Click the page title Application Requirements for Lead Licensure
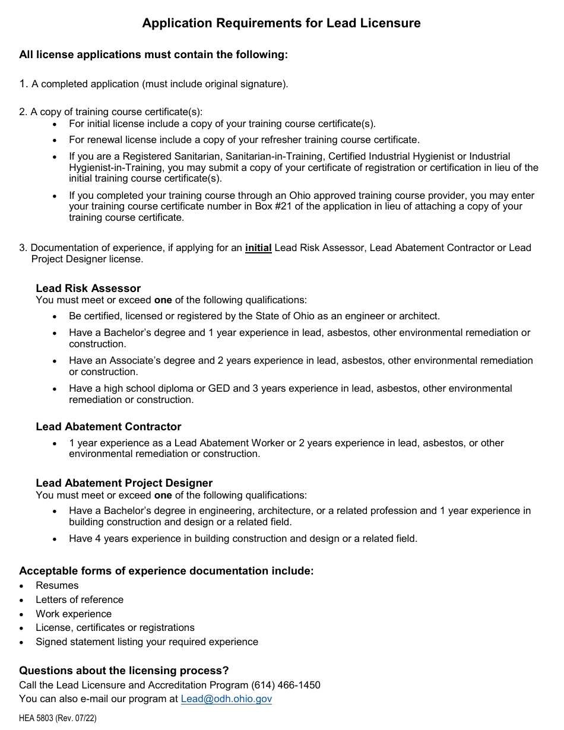point(281,23)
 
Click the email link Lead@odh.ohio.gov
point(226,699)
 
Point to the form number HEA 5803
point(36,718)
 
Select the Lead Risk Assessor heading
point(88,288)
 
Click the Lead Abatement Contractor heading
point(109,427)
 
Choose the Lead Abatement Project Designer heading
point(124,483)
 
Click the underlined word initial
point(258,248)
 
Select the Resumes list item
point(57,585)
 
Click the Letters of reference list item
point(80,599)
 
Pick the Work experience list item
point(74,614)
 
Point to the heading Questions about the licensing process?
point(123,671)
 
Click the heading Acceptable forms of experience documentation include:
point(166,571)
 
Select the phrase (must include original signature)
point(215,84)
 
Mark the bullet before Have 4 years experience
point(55,539)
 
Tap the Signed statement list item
point(147,642)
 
